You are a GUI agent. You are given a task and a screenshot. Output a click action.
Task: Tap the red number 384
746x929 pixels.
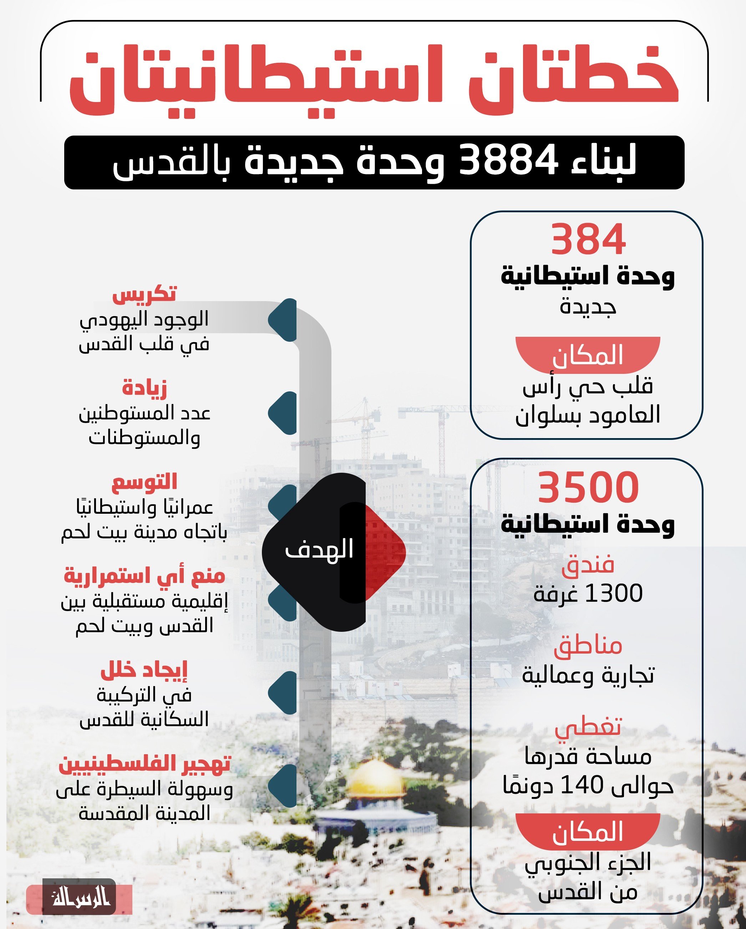click(x=588, y=240)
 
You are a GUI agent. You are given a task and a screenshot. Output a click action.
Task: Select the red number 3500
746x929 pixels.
click(x=588, y=487)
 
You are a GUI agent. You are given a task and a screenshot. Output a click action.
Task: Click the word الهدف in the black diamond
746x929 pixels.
click(x=319, y=550)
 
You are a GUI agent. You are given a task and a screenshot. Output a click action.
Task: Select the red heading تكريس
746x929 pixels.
click(x=144, y=294)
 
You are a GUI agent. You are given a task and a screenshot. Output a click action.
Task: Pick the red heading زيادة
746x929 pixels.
click(x=144, y=387)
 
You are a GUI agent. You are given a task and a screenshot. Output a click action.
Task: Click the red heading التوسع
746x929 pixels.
click(x=144, y=481)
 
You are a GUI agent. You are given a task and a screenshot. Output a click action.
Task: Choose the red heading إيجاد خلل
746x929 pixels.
click(x=144, y=670)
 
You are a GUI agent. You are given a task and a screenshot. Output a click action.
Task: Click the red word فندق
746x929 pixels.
click(x=588, y=565)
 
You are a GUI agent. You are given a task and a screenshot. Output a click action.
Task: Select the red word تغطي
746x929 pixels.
click(x=588, y=727)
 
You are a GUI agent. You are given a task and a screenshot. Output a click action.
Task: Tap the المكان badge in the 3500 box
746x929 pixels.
click(x=588, y=832)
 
